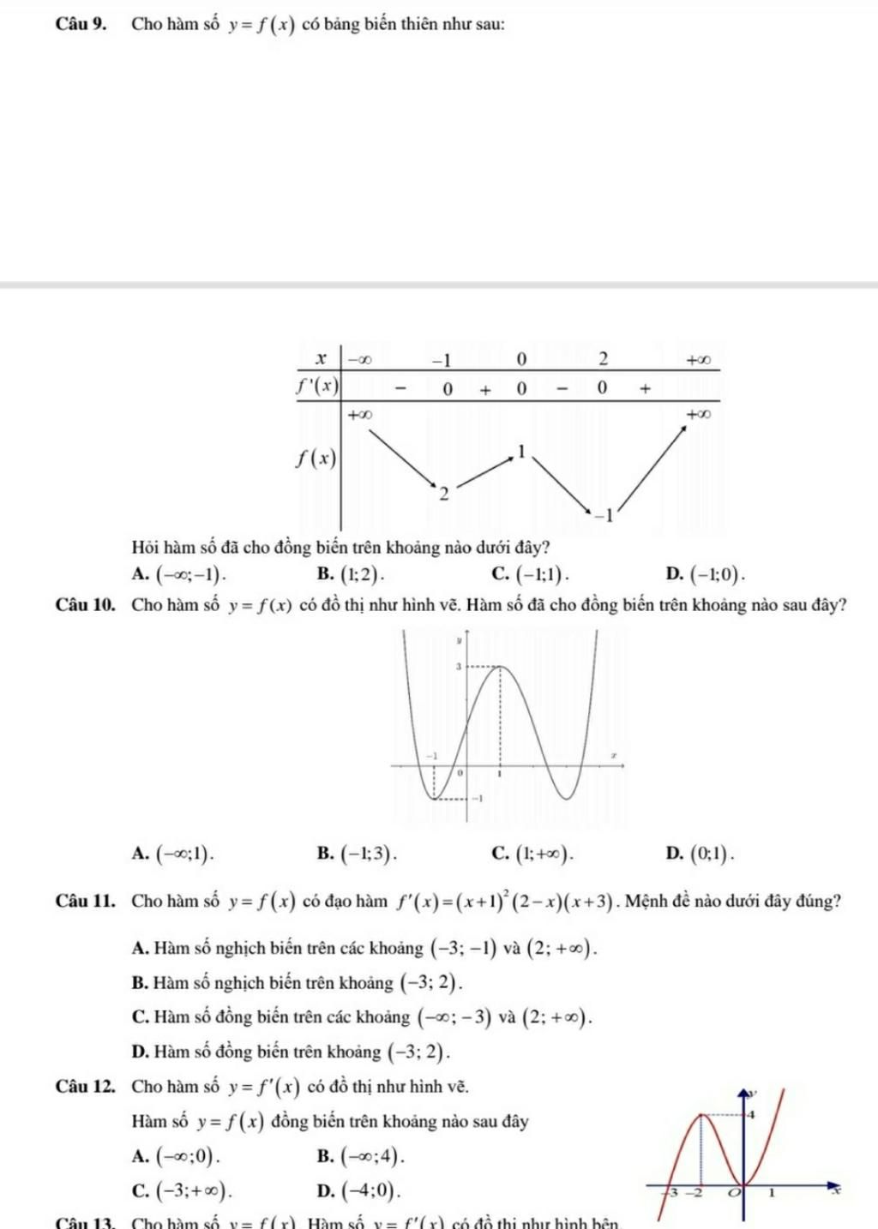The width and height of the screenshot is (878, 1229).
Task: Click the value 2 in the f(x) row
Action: [x=442, y=495]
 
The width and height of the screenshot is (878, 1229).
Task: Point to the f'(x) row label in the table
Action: [x=318, y=386]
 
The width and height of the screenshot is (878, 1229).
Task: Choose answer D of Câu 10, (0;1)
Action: [x=713, y=853]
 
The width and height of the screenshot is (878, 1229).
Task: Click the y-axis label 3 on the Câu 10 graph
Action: [x=458, y=665]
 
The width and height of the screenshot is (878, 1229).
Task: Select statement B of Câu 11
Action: [x=300, y=983]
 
